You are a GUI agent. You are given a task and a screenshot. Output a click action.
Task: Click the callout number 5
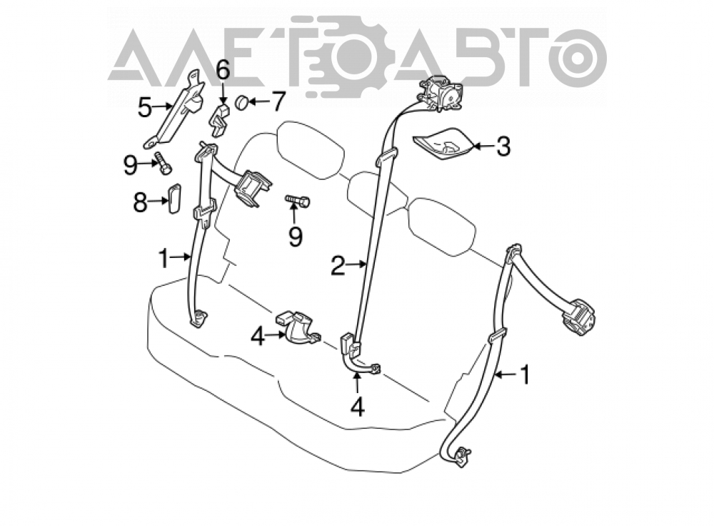(x=145, y=108)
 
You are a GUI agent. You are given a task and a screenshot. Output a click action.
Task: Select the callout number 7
(x=278, y=101)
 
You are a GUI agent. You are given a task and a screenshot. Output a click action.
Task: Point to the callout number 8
(x=140, y=202)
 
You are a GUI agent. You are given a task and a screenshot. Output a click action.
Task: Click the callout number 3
(x=503, y=147)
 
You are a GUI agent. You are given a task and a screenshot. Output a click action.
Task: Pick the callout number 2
(x=338, y=266)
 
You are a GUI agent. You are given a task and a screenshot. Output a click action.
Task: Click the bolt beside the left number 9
(x=163, y=163)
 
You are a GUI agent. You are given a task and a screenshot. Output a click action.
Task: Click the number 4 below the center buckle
(x=358, y=407)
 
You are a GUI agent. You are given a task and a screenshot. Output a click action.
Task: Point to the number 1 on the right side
(x=525, y=374)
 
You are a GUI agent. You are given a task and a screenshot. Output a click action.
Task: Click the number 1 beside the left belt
(x=164, y=259)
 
